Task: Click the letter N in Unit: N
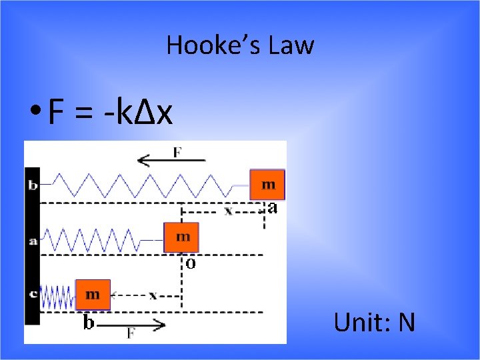[x=406, y=323]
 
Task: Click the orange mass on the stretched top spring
[x=267, y=184]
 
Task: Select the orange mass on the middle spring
[x=181, y=237]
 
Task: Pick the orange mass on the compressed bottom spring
[x=93, y=294]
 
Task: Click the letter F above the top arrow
[x=177, y=151]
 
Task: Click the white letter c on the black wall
[x=33, y=294]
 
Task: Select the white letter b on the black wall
[x=33, y=185]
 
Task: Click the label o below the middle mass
[x=190, y=264]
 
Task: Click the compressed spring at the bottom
[x=57, y=296]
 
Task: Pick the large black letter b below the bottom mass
[x=88, y=323]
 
